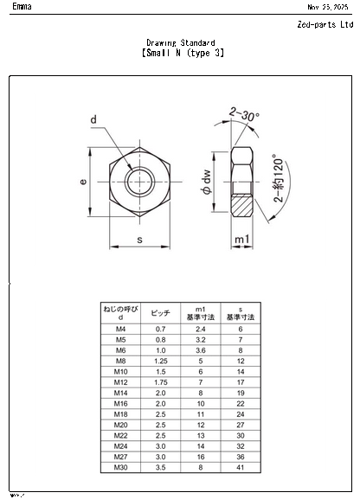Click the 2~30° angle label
pyautogui.click(x=245, y=112)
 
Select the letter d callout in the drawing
pyautogui.click(x=93, y=119)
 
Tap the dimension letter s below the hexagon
pyautogui.click(x=139, y=239)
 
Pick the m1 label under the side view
pyautogui.click(x=243, y=239)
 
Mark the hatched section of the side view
pyautogui.click(x=242, y=206)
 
